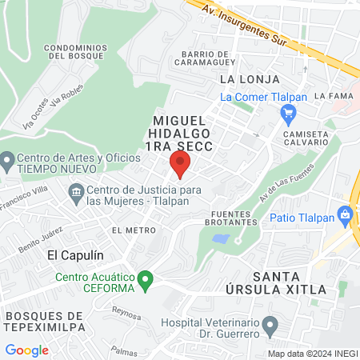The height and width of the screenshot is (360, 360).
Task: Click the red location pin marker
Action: [179, 165]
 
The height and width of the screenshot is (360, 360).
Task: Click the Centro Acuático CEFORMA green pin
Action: [145, 281]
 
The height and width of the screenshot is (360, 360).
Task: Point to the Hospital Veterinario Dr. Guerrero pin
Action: [270, 326]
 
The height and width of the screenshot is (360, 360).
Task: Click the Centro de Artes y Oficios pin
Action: [7, 163]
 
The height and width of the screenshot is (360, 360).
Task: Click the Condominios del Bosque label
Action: [77, 52]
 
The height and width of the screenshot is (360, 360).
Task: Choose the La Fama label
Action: [333, 95]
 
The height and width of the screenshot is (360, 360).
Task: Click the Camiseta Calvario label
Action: [305, 138]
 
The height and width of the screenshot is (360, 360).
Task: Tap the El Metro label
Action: [134, 230]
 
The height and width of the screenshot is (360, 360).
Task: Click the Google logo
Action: [26, 350]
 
